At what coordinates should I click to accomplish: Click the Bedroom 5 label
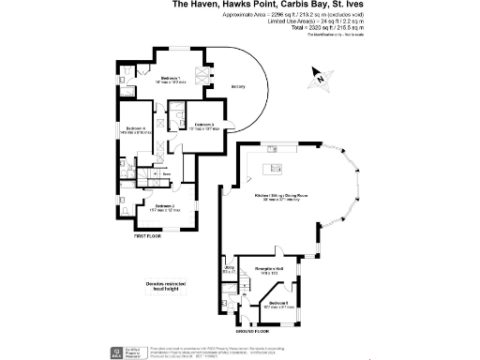(277, 304)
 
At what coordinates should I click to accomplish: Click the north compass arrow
(321, 80)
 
